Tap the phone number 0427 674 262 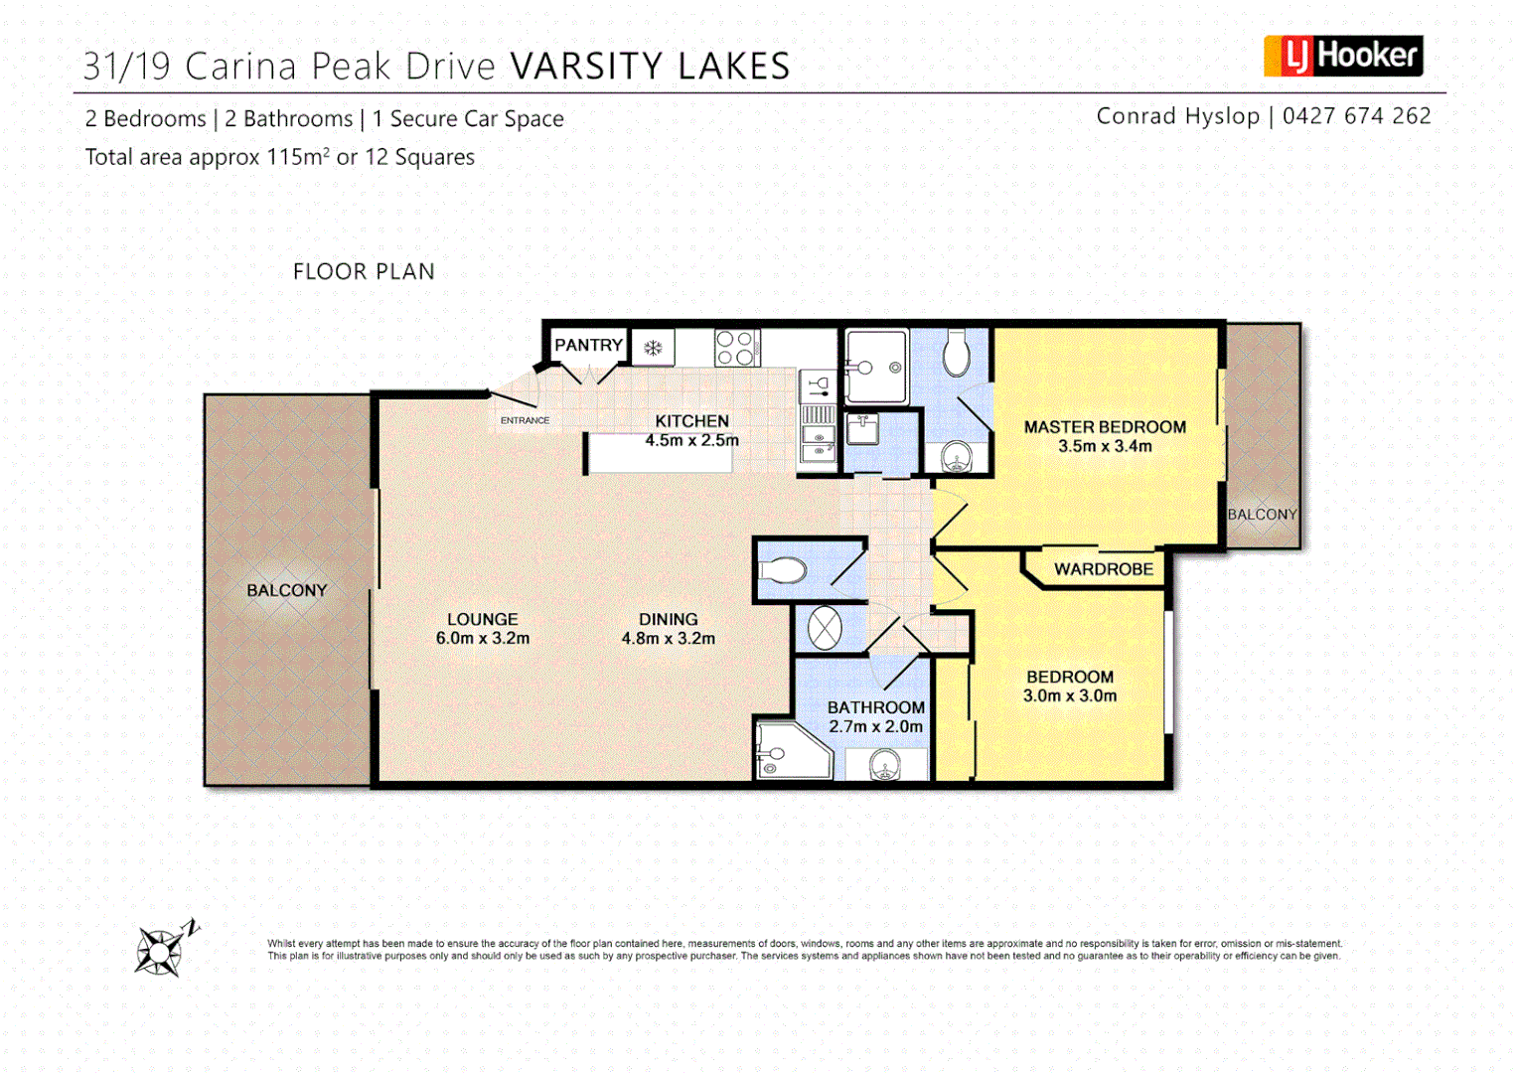coord(1356,116)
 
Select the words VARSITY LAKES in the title coord(650,67)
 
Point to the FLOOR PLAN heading coord(364,271)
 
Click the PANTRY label coord(588,345)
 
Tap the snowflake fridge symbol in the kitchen coord(653,348)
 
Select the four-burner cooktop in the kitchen coord(736,348)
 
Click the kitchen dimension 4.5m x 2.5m coord(691,440)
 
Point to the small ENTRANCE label coord(525,420)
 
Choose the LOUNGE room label coord(482,619)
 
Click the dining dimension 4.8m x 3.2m coord(668,639)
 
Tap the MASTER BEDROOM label coord(1105,427)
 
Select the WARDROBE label coord(1104,569)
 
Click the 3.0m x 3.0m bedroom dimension coord(1070,696)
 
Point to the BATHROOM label coord(875,707)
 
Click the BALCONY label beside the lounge coord(286,590)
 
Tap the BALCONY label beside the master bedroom coord(1262,515)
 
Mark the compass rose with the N coord(163,949)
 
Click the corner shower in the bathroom coord(790,751)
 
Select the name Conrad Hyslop coord(1177,116)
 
